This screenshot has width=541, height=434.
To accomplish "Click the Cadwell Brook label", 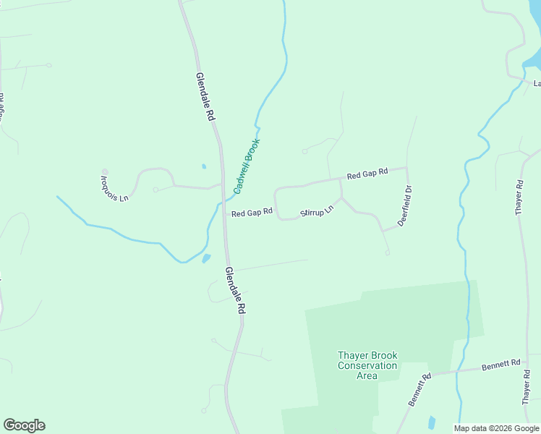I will tap(246, 166).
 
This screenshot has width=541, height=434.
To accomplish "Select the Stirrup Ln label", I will tap(317, 212).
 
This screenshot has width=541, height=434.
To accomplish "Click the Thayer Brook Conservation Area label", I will tap(367, 365).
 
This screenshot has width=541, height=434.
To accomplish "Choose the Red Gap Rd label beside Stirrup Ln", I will tap(252, 213).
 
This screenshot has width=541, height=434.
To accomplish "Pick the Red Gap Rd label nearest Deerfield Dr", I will tap(367, 174).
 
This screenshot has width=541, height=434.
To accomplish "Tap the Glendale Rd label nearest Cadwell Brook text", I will tap(205, 95).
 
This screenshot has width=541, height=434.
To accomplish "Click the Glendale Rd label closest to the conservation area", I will tap(235, 290).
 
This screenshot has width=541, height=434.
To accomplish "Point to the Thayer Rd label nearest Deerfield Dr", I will tap(519, 197).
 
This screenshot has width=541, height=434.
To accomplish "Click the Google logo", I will tap(24, 425).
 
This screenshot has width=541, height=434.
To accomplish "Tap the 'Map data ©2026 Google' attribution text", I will tap(496, 428).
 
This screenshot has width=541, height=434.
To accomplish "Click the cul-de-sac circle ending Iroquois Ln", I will tap(105, 172).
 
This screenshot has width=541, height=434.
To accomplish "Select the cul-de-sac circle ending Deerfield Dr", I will tap(388, 252).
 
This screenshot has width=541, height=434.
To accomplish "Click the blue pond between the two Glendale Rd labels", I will tap(207, 258).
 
